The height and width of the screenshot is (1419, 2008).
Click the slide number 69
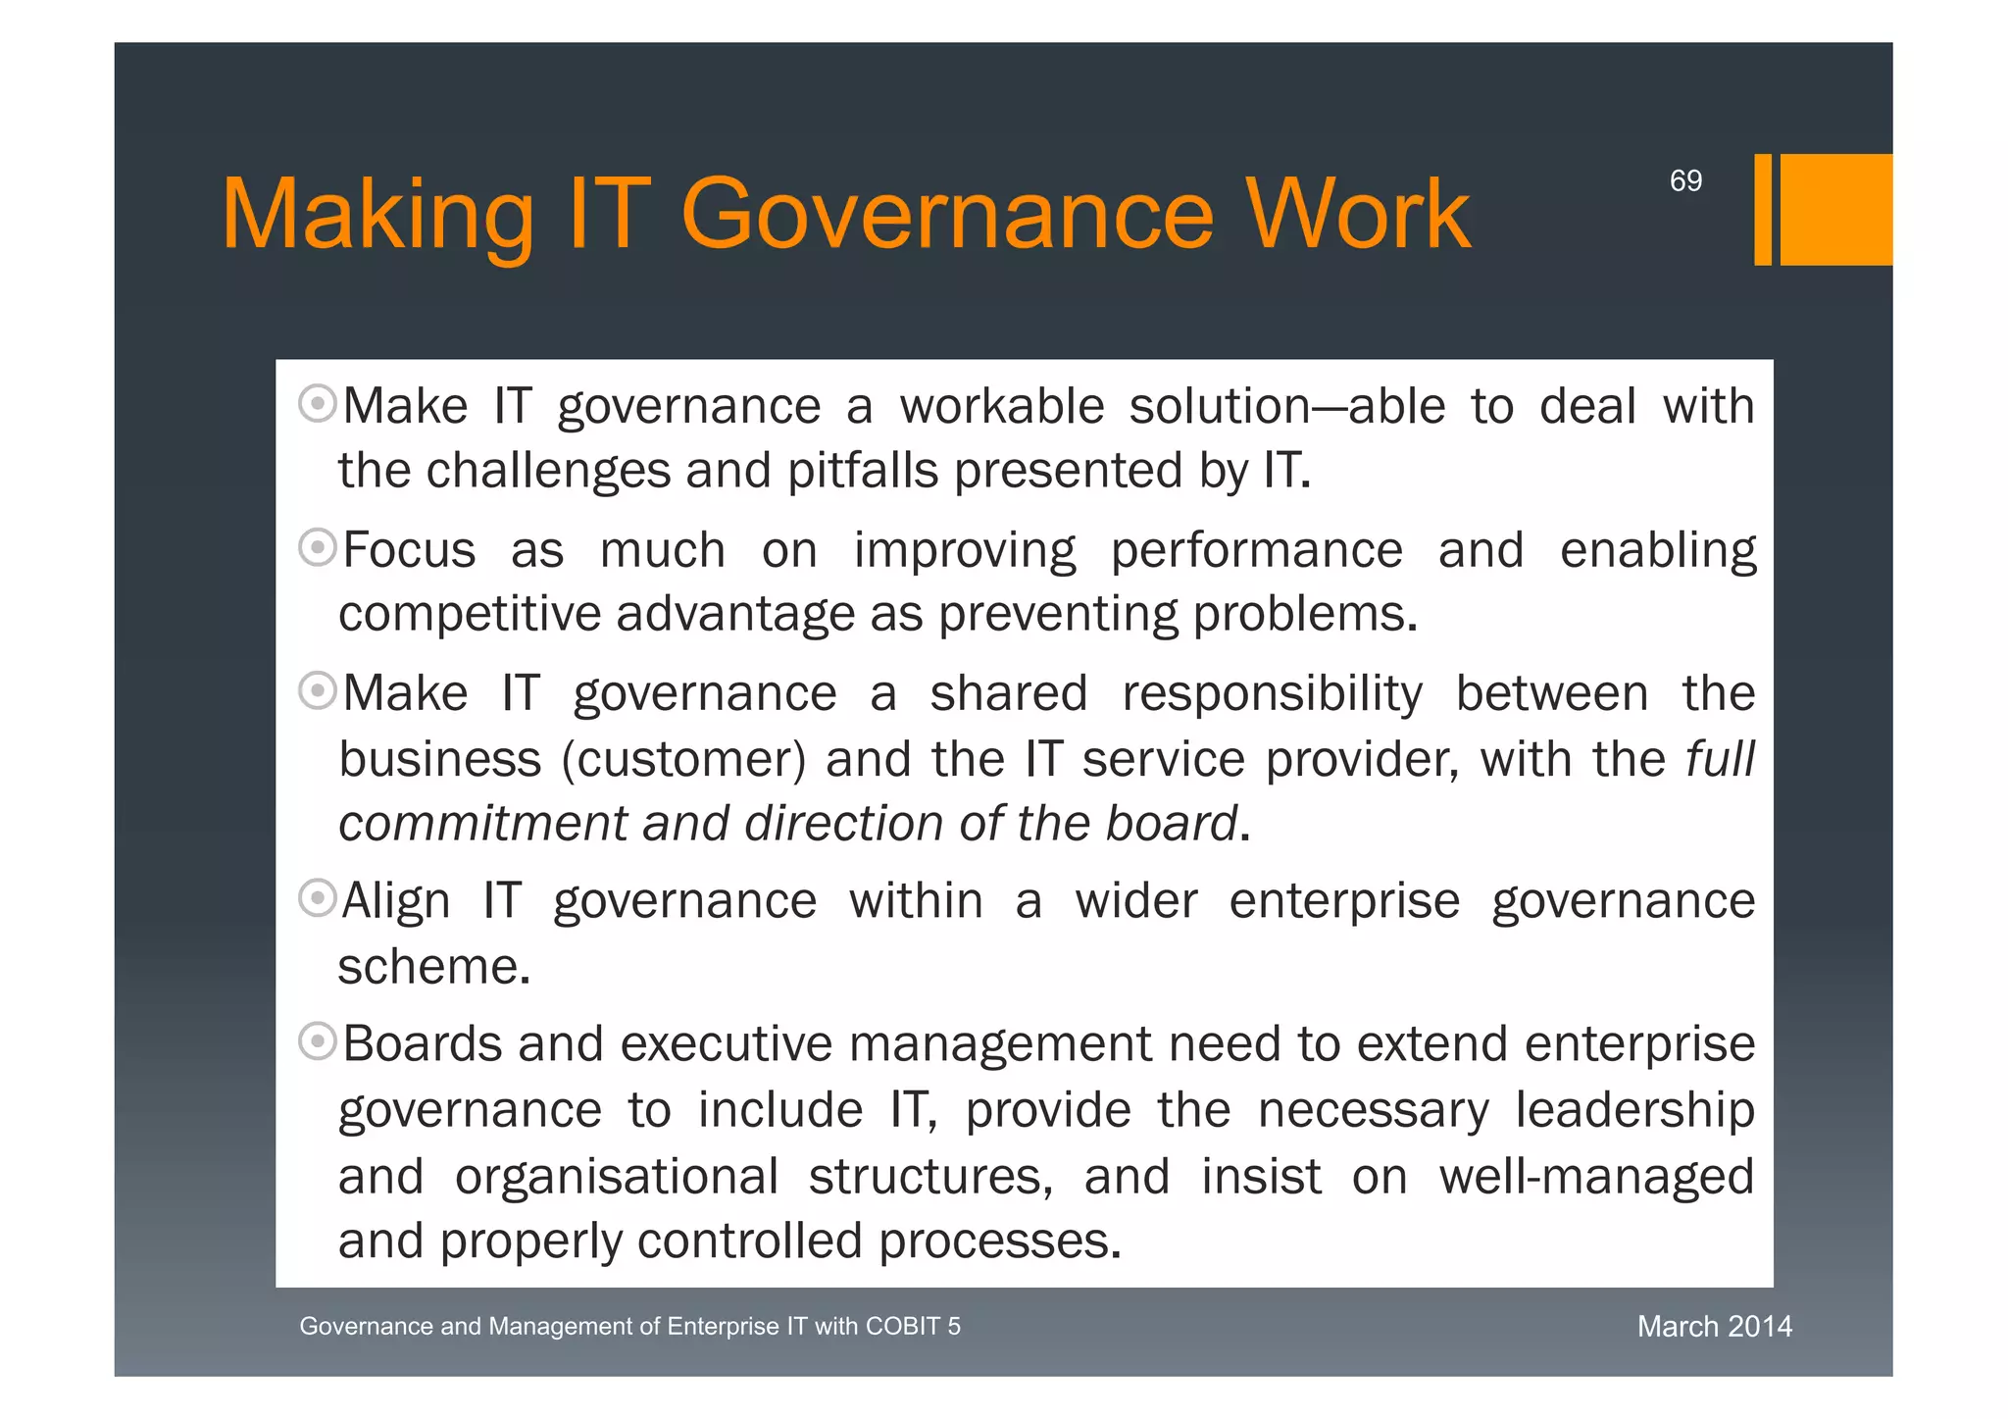(x=1685, y=180)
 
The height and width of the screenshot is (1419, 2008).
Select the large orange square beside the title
(x=1835, y=209)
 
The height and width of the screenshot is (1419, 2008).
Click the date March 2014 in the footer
(x=1714, y=1326)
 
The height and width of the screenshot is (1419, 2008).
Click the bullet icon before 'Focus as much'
(x=318, y=546)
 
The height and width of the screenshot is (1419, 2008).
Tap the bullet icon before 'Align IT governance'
(x=318, y=897)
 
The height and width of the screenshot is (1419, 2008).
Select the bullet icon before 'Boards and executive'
(x=318, y=1040)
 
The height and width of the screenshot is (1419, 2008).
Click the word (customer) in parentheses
(x=683, y=759)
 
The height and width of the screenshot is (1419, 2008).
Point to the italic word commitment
(x=481, y=823)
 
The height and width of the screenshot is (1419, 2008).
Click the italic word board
(x=1171, y=823)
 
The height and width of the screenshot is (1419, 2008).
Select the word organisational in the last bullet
(x=616, y=1177)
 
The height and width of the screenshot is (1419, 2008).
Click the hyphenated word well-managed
(x=1595, y=1177)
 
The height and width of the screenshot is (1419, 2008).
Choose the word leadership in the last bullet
(x=1634, y=1110)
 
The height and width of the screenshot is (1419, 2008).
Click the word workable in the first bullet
(x=1001, y=406)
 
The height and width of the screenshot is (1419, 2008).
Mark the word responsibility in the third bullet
(x=1272, y=693)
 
